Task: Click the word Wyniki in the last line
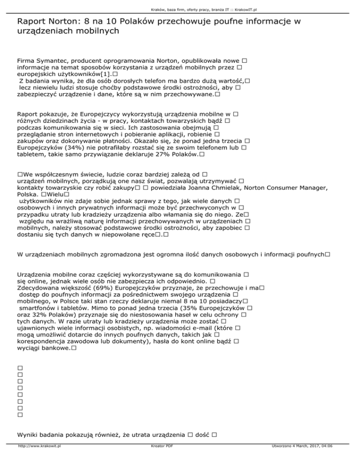[28, 434]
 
